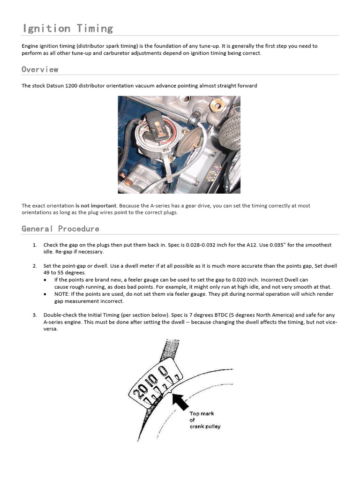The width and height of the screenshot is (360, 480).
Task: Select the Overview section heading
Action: [x=40, y=69]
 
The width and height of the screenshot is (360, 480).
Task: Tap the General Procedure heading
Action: [x=60, y=229]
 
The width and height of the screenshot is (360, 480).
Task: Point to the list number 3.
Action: [x=35, y=315]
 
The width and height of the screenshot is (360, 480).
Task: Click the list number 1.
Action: [x=35, y=245]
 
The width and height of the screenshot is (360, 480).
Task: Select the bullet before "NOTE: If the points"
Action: [x=45, y=294]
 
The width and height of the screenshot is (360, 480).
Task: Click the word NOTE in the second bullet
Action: [x=62, y=294]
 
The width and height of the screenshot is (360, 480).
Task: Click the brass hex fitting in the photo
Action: [x=215, y=105]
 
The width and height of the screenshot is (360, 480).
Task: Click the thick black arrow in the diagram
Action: [x=180, y=402]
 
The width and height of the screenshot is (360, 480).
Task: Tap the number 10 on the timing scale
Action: [x=152, y=382]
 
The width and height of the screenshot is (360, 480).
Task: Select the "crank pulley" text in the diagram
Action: [x=205, y=427]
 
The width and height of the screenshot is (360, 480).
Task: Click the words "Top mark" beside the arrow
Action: [x=202, y=414]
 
